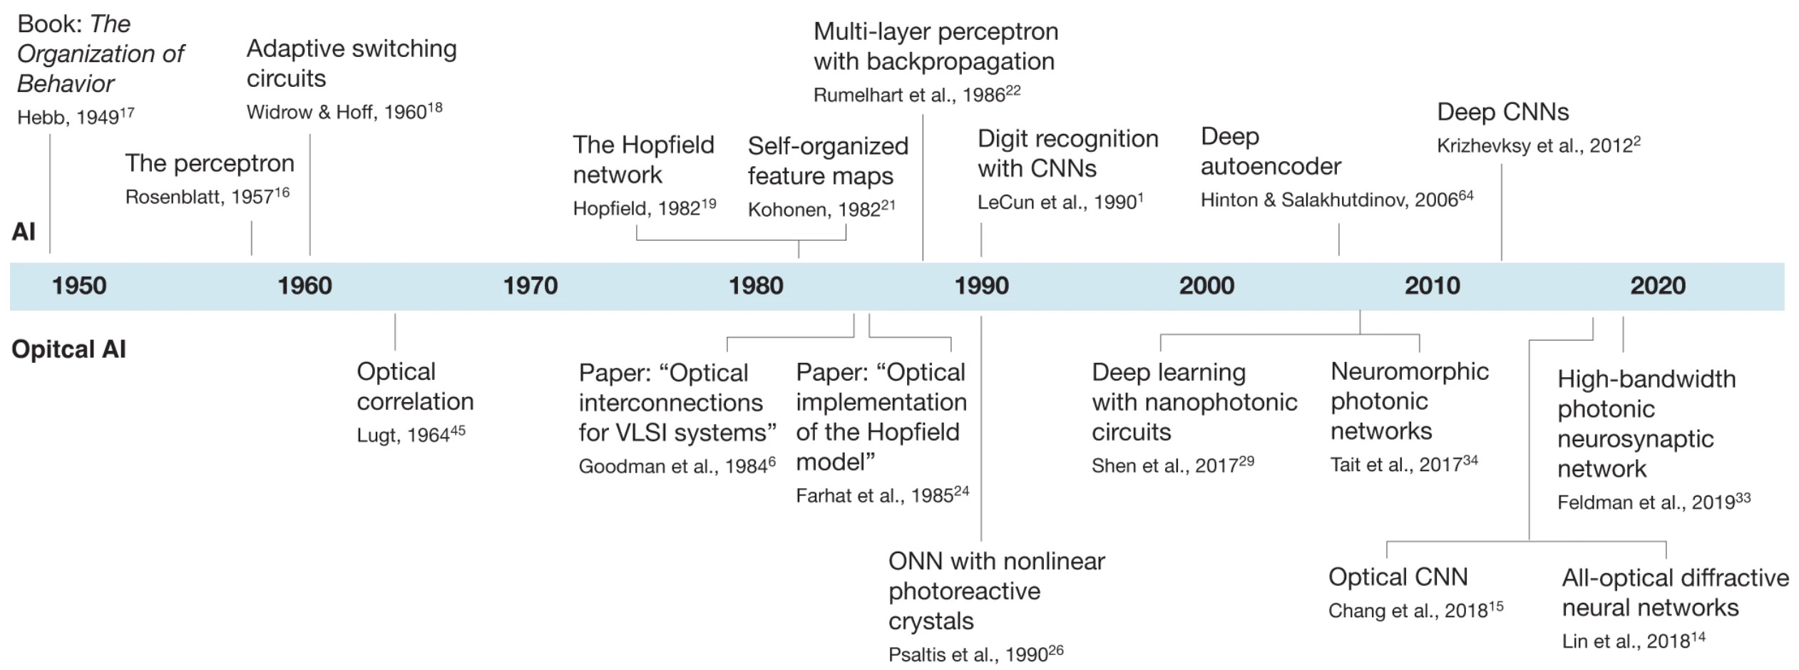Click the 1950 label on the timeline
(x=79, y=286)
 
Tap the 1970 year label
(x=531, y=286)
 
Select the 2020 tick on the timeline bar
(x=1658, y=286)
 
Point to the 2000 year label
(x=1206, y=286)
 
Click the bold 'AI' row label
(x=24, y=232)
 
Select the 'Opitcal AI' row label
(x=68, y=349)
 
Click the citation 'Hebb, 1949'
(x=76, y=116)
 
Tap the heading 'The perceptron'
(x=210, y=164)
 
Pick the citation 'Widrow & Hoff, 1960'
(x=344, y=111)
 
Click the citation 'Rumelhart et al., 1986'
(x=917, y=94)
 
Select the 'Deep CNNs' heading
(x=1503, y=112)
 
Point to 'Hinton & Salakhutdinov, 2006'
(x=1337, y=199)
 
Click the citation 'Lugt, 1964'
(x=411, y=434)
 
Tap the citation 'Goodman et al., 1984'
(x=677, y=465)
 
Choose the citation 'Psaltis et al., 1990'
(x=975, y=654)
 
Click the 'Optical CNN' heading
(x=1398, y=577)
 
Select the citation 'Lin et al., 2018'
(x=1634, y=640)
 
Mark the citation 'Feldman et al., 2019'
(x=1654, y=501)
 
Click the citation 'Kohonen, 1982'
(x=821, y=209)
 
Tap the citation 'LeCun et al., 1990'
(x=1060, y=201)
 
